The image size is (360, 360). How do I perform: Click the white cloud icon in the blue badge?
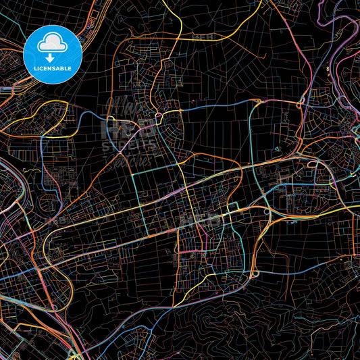point(53,43)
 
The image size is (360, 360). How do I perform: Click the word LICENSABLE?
point(53,68)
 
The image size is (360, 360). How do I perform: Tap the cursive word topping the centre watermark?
point(125,107)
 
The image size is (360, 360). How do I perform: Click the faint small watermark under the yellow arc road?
point(202,36)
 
